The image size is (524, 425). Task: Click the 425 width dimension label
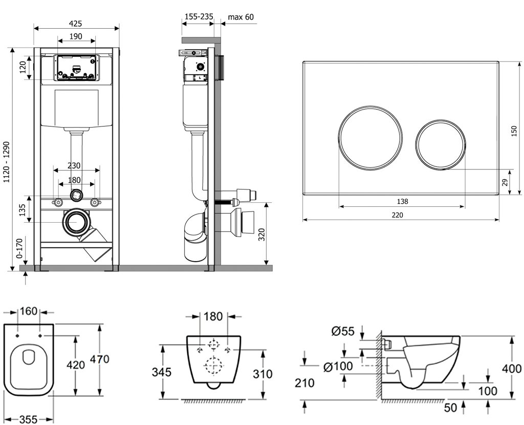pos(76,23)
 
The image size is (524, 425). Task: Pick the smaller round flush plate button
pos(441,143)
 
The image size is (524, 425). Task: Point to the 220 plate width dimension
pos(397,215)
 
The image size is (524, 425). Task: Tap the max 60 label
pos(241,17)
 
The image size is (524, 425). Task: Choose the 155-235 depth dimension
pos(198,17)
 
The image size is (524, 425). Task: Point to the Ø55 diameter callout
pos(343,331)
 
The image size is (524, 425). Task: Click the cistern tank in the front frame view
pos(76,107)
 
